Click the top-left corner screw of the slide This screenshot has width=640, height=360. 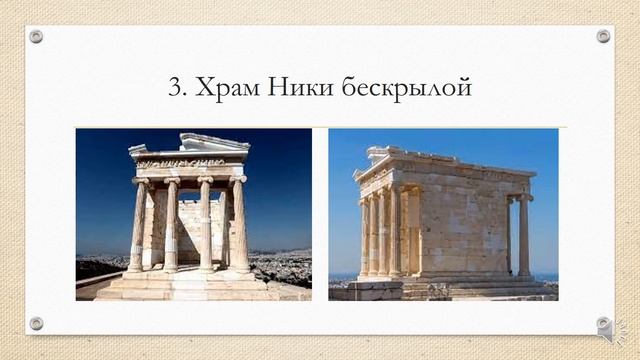click(x=36, y=36)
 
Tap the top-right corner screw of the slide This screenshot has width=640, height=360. click(x=603, y=36)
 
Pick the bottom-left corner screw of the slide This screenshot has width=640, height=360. click(x=36, y=323)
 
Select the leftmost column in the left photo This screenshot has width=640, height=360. click(x=138, y=226)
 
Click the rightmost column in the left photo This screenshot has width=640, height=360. click(x=240, y=225)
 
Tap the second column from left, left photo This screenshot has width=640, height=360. click(x=171, y=226)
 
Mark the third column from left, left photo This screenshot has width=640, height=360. click(x=205, y=226)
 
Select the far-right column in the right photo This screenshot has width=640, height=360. click(x=524, y=236)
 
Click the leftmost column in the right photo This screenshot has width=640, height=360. click(x=364, y=236)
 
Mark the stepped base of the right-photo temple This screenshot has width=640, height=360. click(x=450, y=288)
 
